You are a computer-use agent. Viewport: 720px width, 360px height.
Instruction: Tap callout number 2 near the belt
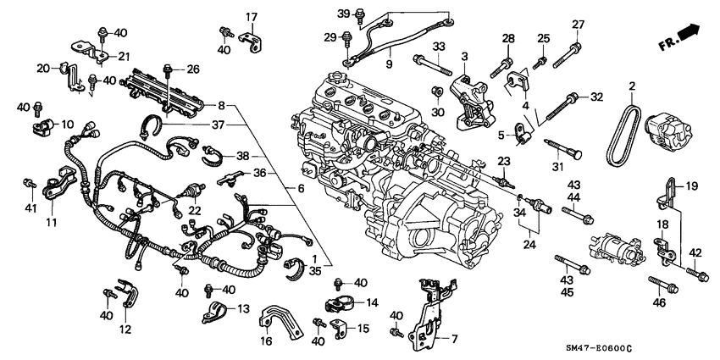point(631,87)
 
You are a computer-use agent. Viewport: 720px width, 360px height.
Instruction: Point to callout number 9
point(389,64)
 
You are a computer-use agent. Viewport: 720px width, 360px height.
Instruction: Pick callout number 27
point(578,24)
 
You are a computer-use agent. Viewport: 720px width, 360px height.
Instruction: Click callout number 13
point(244,308)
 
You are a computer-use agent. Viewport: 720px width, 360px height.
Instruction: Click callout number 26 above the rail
point(192,69)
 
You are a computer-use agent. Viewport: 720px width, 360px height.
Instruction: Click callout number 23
point(502,161)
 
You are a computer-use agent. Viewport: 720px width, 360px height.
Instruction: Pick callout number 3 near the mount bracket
point(463,56)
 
